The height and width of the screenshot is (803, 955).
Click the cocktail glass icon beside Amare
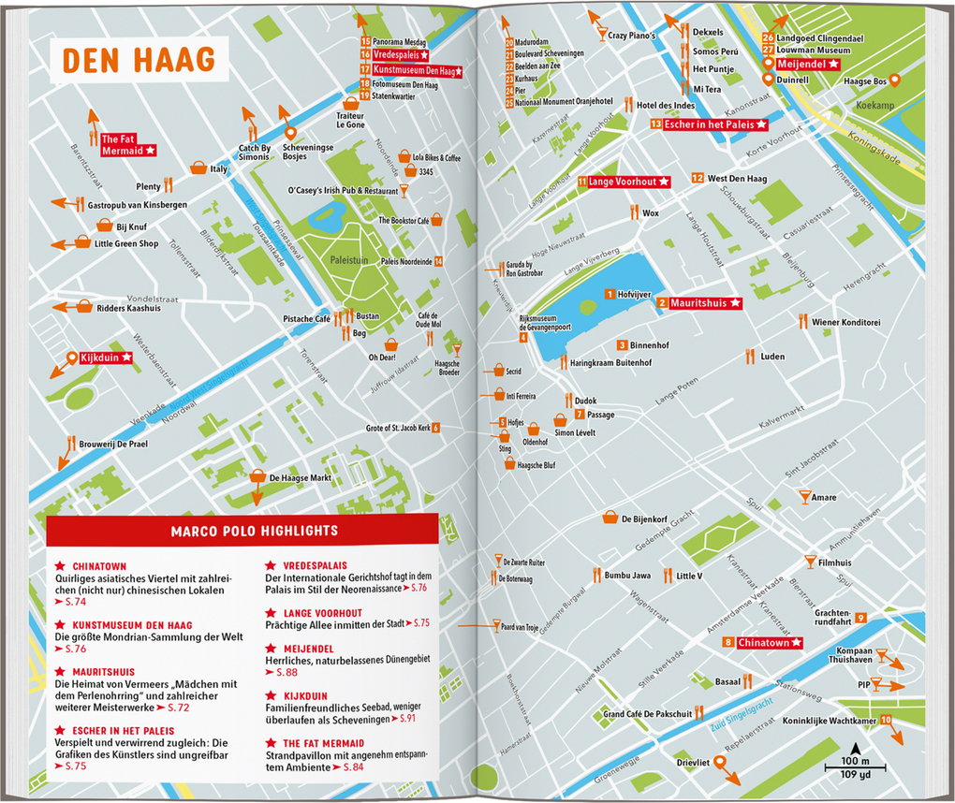pos(802,492)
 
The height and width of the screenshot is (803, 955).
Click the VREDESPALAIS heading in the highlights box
pos(308,565)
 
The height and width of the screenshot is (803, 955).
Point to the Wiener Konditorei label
pos(845,322)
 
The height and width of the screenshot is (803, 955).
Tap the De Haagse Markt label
pos(300,477)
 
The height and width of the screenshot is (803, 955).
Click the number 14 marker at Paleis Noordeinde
pos(438,261)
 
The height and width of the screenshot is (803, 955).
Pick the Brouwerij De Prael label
pos(112,445)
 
